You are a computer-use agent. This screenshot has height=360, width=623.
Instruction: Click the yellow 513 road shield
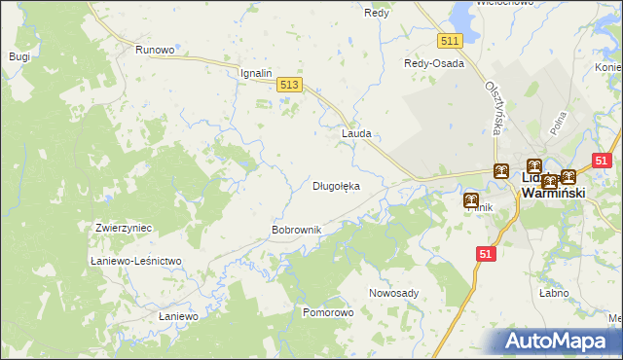pyautogui.click(x=288, y=86)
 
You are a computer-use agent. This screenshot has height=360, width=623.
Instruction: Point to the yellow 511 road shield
pyautogui.click(x=449, y=41)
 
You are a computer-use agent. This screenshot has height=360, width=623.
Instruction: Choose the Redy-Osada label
pyautogui.click(x=434, y=63)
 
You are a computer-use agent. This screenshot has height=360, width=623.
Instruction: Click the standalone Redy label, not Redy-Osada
pyautogui.click(x=377, y=13)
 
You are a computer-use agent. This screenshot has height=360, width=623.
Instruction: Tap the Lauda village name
pyautogui.click(x=356, y=133)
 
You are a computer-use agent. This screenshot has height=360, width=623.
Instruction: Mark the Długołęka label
pyautogui.click(x=336, y=185)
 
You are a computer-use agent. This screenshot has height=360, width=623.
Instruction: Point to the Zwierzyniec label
pyautogui.click(x=124, y=228)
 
